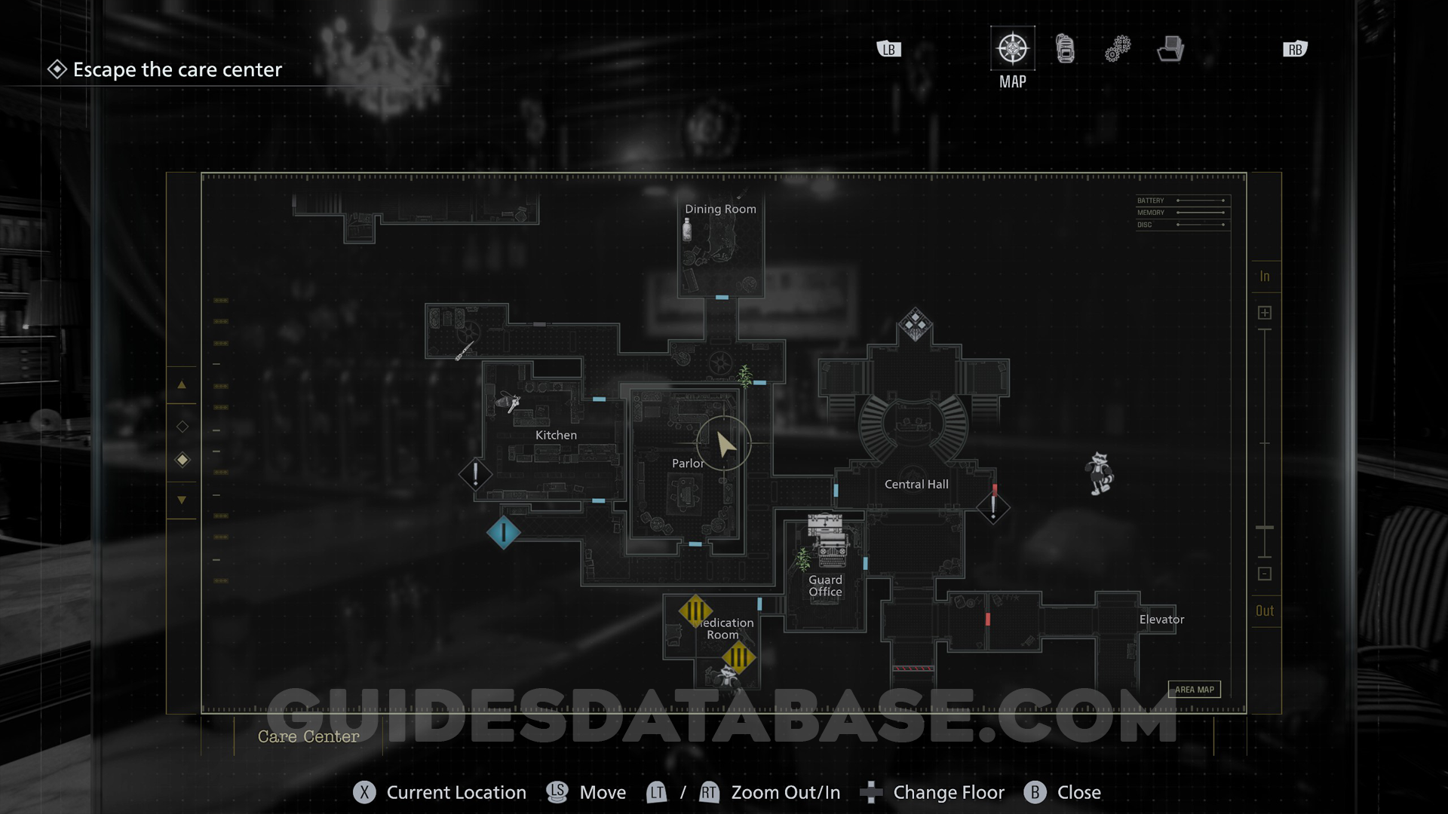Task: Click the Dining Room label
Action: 720,209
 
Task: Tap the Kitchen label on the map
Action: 556,435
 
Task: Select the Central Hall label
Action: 916,484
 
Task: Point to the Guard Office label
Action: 825,586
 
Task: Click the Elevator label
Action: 1161,620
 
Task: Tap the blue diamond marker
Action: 503,533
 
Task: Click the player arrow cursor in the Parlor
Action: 725,444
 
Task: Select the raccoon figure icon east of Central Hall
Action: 1100,473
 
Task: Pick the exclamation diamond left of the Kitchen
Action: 475,474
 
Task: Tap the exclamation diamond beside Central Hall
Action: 993,506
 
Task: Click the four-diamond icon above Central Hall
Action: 915,324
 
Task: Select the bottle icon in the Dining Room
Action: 687,228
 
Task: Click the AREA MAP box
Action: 1194,689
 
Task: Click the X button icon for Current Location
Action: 364,792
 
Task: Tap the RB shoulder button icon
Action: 1295,50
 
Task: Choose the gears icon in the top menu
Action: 1118,49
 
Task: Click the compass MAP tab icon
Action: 1012,49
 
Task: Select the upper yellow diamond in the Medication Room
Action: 695,610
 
